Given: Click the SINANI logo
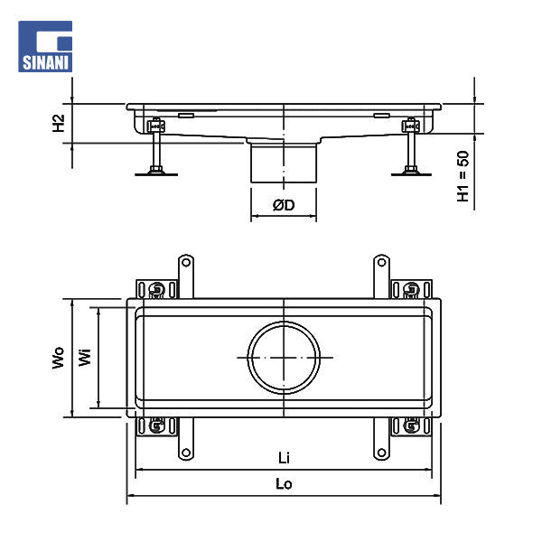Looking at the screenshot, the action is [x=45, y=46].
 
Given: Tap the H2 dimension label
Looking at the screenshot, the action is [x=59, y=123].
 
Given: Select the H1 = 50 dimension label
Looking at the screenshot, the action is [x=463, y=176].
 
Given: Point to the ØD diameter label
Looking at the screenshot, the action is [x=284, y=205].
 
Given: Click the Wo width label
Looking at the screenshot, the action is [x=59, y=358].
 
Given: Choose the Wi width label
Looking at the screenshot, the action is [x=85, y=357].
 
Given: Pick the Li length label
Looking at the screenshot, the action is [x=284, y=458].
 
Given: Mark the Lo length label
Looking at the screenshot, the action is [x=284, y=484].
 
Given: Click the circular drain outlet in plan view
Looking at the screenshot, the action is [x=284, y=358].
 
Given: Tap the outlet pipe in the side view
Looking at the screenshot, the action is [x=284, y=162].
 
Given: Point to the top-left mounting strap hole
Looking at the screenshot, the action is [x=186, y=262].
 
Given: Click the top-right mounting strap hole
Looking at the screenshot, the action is [x=381, y=262].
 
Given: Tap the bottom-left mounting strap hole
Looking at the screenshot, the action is [x=186, y=453].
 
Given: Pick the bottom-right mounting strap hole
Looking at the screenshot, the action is [x=381, y=453].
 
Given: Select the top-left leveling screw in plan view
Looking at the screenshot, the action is [x=156, y=289].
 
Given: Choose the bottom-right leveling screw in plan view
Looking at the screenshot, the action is [x=411, y=425].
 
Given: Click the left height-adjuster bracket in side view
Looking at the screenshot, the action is [x=156, y=126].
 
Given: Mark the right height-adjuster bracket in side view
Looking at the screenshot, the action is [x=411, y=126].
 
